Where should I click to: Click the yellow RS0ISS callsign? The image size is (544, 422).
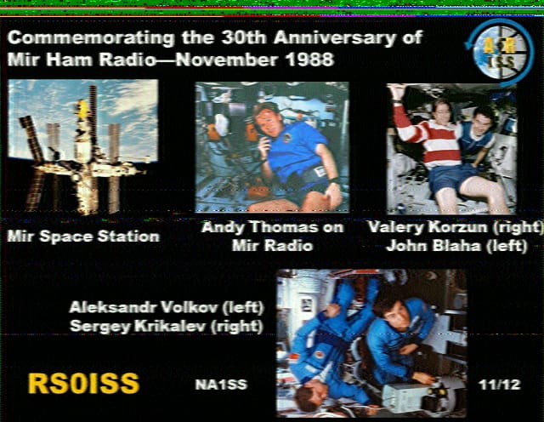click(x=83, y=384)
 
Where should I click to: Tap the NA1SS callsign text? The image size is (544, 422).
click(x=221, y=385)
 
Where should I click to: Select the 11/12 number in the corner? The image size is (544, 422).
click(x=499, y=385)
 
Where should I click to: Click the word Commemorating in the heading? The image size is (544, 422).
click(x=91, y=37)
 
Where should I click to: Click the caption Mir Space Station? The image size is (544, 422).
click(x=83, y=237)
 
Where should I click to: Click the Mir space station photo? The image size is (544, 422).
click(x=83, y=147)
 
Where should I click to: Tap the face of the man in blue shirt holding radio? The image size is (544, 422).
click(x=268, y=123)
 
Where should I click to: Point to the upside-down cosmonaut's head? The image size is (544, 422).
click(x=310, y=394)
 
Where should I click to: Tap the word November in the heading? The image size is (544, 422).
click(x=226, y=60)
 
